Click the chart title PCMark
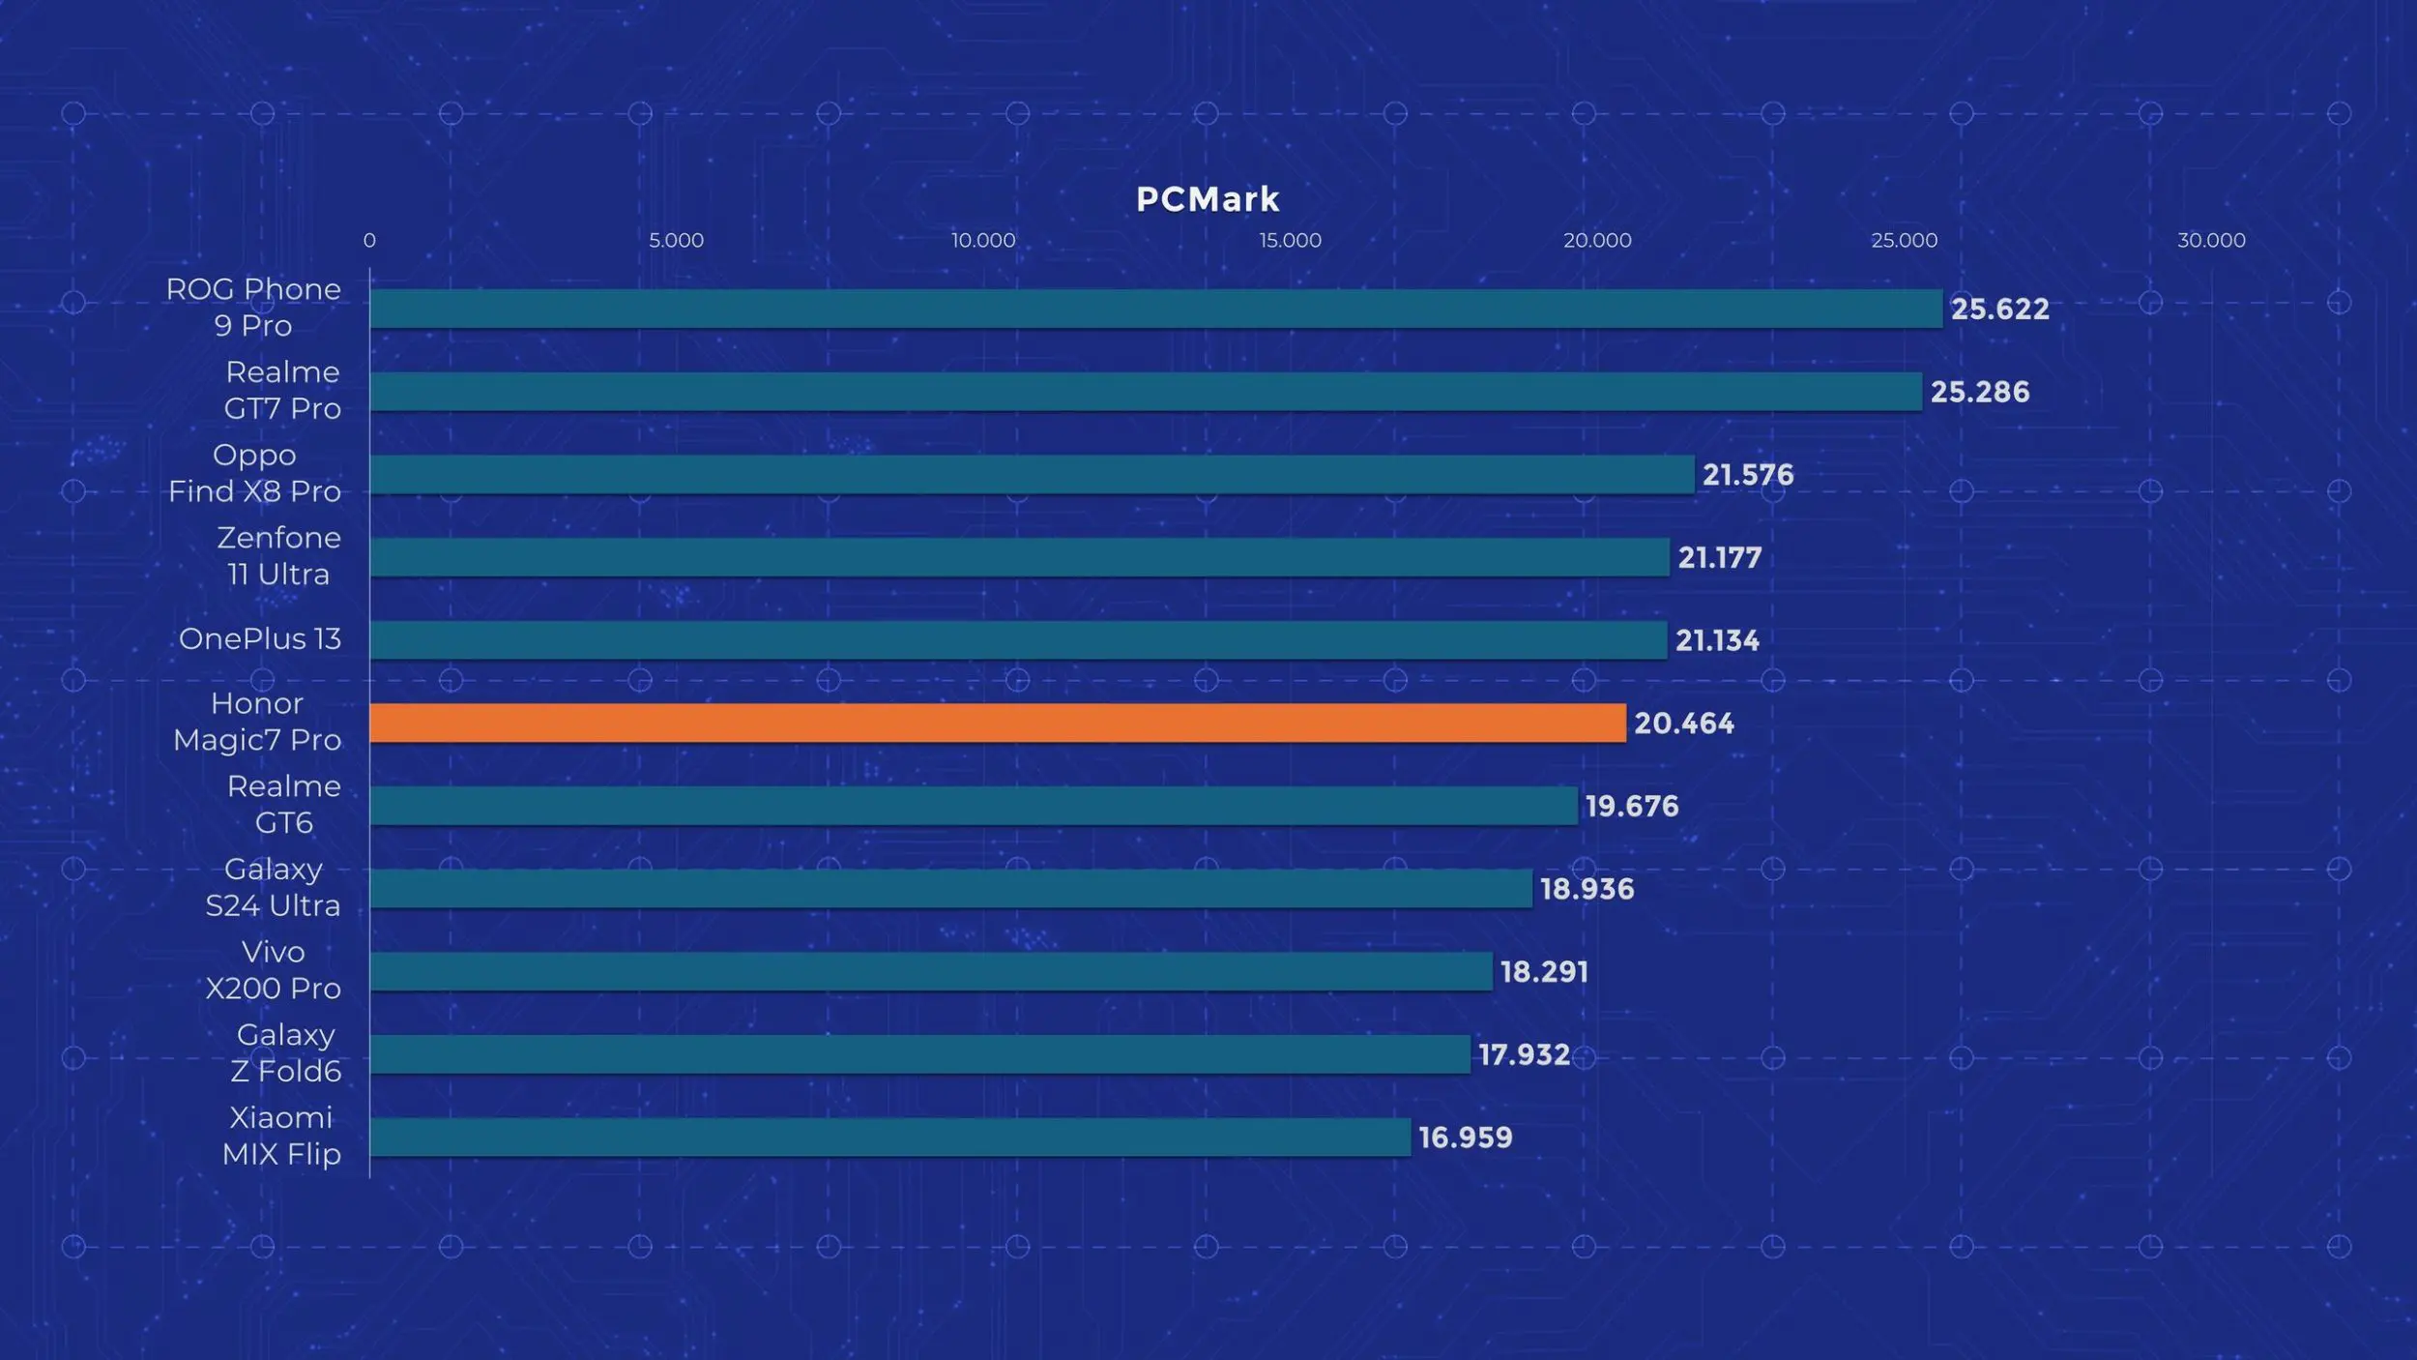(1208, 199)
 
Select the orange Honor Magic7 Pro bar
(997, 723)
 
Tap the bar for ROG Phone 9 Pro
(1155, 309)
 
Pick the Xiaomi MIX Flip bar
(889, 1137)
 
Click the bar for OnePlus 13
(1018, 639)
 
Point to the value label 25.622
(1999, 309)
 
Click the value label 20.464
(1683, 723)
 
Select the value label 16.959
(1465, 1137)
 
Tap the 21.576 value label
(1747, 474)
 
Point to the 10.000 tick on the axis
(982, 240)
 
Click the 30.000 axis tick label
(2210, 240)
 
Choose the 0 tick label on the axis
(369, 240)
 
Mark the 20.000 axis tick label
(1596, 240)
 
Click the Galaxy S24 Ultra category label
(273, 887)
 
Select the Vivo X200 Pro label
(273, 969)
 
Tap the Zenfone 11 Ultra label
(278, 555)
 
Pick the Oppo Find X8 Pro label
(254, 473)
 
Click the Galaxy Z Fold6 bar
(919, 1053)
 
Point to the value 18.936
(1587, 888)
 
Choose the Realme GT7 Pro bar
(1146, 392)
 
